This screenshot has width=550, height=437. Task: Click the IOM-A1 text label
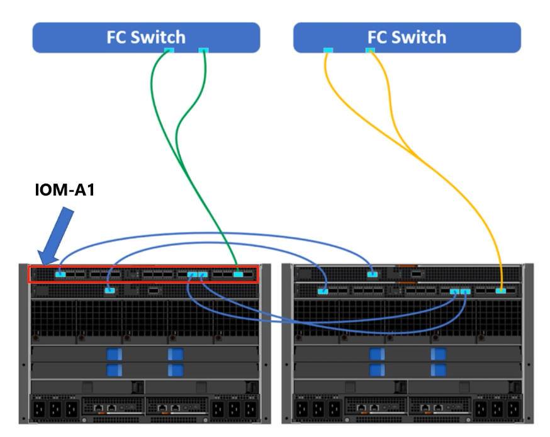pyautogui.click(x=64, y=189)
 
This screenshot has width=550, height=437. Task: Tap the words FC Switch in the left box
pyautogui.click(x=145, y=37)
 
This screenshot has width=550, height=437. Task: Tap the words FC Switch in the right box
pyautogui.click(x=407, y=37)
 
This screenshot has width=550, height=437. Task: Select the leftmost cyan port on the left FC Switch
pyautogui.click(x=169, y=50)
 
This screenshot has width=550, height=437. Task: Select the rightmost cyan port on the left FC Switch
pyautogui.click(x=203, y=50)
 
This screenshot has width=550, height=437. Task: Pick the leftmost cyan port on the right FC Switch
pyautogui.click(x=328, y=50)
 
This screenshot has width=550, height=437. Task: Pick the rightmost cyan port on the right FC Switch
pyautogui.click(x=370, y=50)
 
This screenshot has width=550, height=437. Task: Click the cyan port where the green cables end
pyautogui.click(x=238, y=274)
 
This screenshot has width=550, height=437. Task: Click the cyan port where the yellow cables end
pyautogui.click(x=500, y=290)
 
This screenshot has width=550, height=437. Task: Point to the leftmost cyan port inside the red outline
pyautogui.click(x=60, y=274)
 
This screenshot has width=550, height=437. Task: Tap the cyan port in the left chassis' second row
pyautogui.click(x=109, y=290)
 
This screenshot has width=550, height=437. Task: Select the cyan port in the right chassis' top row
pyautogui.click(x=373, y=274)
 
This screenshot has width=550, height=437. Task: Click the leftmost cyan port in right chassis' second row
pyautogui.click(x=323, y=290)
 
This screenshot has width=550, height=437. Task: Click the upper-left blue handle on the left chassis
pyautogui.click(x=114, y=354)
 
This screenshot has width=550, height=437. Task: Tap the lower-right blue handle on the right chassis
pyautogui.click(x=439, y=370)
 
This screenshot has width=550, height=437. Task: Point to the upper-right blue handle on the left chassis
pyautogui.click(x=176, y=354)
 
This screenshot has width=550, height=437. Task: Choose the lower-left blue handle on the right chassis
pyautogui.click(x=377, y=370)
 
